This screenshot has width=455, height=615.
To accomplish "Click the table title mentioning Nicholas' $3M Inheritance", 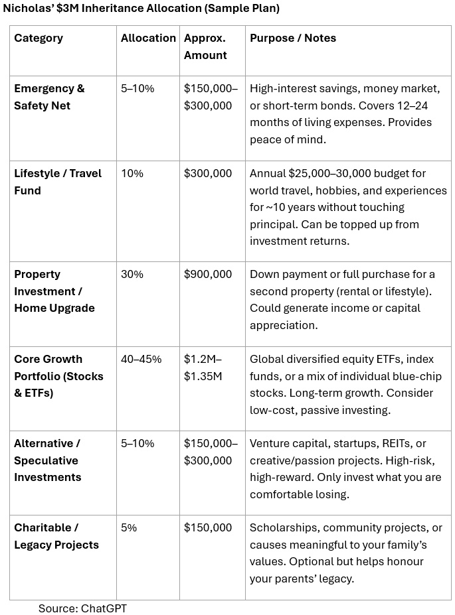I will coord(141,9).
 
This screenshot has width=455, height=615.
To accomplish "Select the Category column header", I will coord(39,38).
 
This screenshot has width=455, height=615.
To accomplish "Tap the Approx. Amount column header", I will coord(205,46).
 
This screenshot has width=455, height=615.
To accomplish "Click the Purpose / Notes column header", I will coord(293,38).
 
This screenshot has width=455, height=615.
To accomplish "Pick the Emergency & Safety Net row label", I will coord(49,97).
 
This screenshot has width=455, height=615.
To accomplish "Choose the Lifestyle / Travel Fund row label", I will coord(58,182).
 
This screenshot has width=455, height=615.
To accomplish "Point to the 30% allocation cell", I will coord(132,274).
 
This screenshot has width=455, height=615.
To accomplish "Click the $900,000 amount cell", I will coord(208,274).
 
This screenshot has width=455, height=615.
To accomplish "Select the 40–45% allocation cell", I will coord(141,359).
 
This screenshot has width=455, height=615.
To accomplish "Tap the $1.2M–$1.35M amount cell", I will coord(203,368).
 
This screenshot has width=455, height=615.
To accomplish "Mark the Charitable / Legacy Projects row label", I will coord(56,536).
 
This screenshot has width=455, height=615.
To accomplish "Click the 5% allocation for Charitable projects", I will coord(129,527).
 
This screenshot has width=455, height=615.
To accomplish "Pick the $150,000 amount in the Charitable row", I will coord(208,527).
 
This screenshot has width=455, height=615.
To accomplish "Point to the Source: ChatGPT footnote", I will coord(82,608).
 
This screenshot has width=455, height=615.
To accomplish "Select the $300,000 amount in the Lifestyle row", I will coord(208,173).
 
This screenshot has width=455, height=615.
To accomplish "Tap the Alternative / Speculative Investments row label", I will coord(48,460).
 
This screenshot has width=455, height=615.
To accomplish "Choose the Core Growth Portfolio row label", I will coord(58,376).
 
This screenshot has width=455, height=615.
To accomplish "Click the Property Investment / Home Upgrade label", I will coord(54,291).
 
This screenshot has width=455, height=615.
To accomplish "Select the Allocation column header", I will coord(148,38).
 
